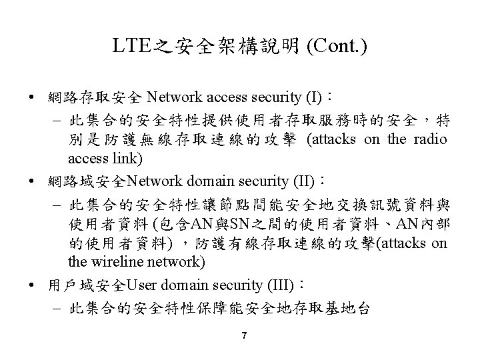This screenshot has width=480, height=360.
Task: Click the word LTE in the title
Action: coord(128,47)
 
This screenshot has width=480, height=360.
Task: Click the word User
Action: coord(140,286)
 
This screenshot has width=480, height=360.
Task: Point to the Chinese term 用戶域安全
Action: coord(87,287)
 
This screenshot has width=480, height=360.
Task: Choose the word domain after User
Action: coord(183,286)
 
